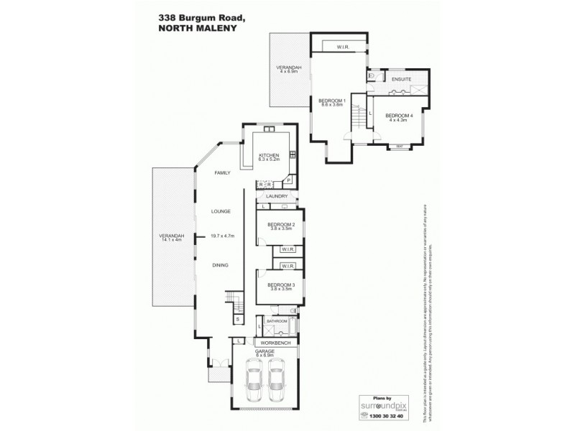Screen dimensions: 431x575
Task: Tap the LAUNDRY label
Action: pyautogui.click(x=277, y=196)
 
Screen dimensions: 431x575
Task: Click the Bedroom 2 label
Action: pyautogui.click(x=277, y=226)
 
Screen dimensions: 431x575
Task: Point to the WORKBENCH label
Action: pyautogui.click(x=274, y=343)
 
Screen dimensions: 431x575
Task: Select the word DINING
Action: pyautogui.click(x=220, y=266)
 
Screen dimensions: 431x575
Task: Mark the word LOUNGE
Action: pyautogui.click(x=220, y=212)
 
